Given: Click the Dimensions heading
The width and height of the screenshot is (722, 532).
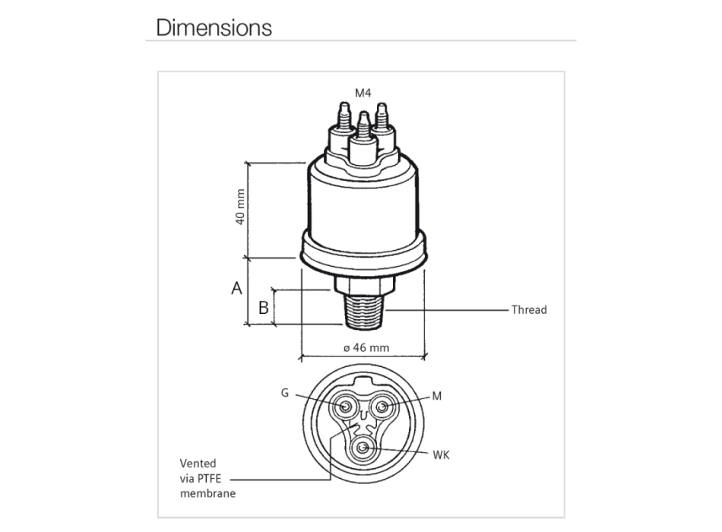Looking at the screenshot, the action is point(214,27).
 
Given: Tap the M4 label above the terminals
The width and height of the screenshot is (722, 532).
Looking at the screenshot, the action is point(363,93).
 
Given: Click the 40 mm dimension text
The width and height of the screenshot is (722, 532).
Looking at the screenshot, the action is point(240,207).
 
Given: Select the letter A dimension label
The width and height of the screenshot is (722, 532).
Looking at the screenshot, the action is point(236,288).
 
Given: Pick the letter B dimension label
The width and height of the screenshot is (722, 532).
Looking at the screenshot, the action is point(264,308).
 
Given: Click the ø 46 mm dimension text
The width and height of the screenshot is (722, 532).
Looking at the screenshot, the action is point(366,347).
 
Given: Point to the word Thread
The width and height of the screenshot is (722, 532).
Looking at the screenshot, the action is point(529,309).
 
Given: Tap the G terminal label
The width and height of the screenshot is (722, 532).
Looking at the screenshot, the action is point(285,393).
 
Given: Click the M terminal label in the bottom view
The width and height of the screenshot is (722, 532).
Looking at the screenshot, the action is point(437,396).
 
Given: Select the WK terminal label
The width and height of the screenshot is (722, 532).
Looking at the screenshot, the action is point(441,455).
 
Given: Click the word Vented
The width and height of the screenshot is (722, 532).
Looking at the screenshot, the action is point(198,464).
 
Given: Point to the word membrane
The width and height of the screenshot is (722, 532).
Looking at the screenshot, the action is point(207,493).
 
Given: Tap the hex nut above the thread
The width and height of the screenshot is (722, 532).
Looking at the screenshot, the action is point(364,284).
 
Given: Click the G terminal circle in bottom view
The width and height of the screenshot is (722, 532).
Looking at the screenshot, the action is point(345,407).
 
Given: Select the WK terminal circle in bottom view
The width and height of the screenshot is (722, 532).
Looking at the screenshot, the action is point(364,448).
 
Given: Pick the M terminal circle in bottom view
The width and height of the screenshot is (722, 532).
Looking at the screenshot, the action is point(382,407).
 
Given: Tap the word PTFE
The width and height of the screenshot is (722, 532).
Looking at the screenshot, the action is point(210,479).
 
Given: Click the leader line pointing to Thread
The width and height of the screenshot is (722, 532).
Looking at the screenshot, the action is point(447,310).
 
